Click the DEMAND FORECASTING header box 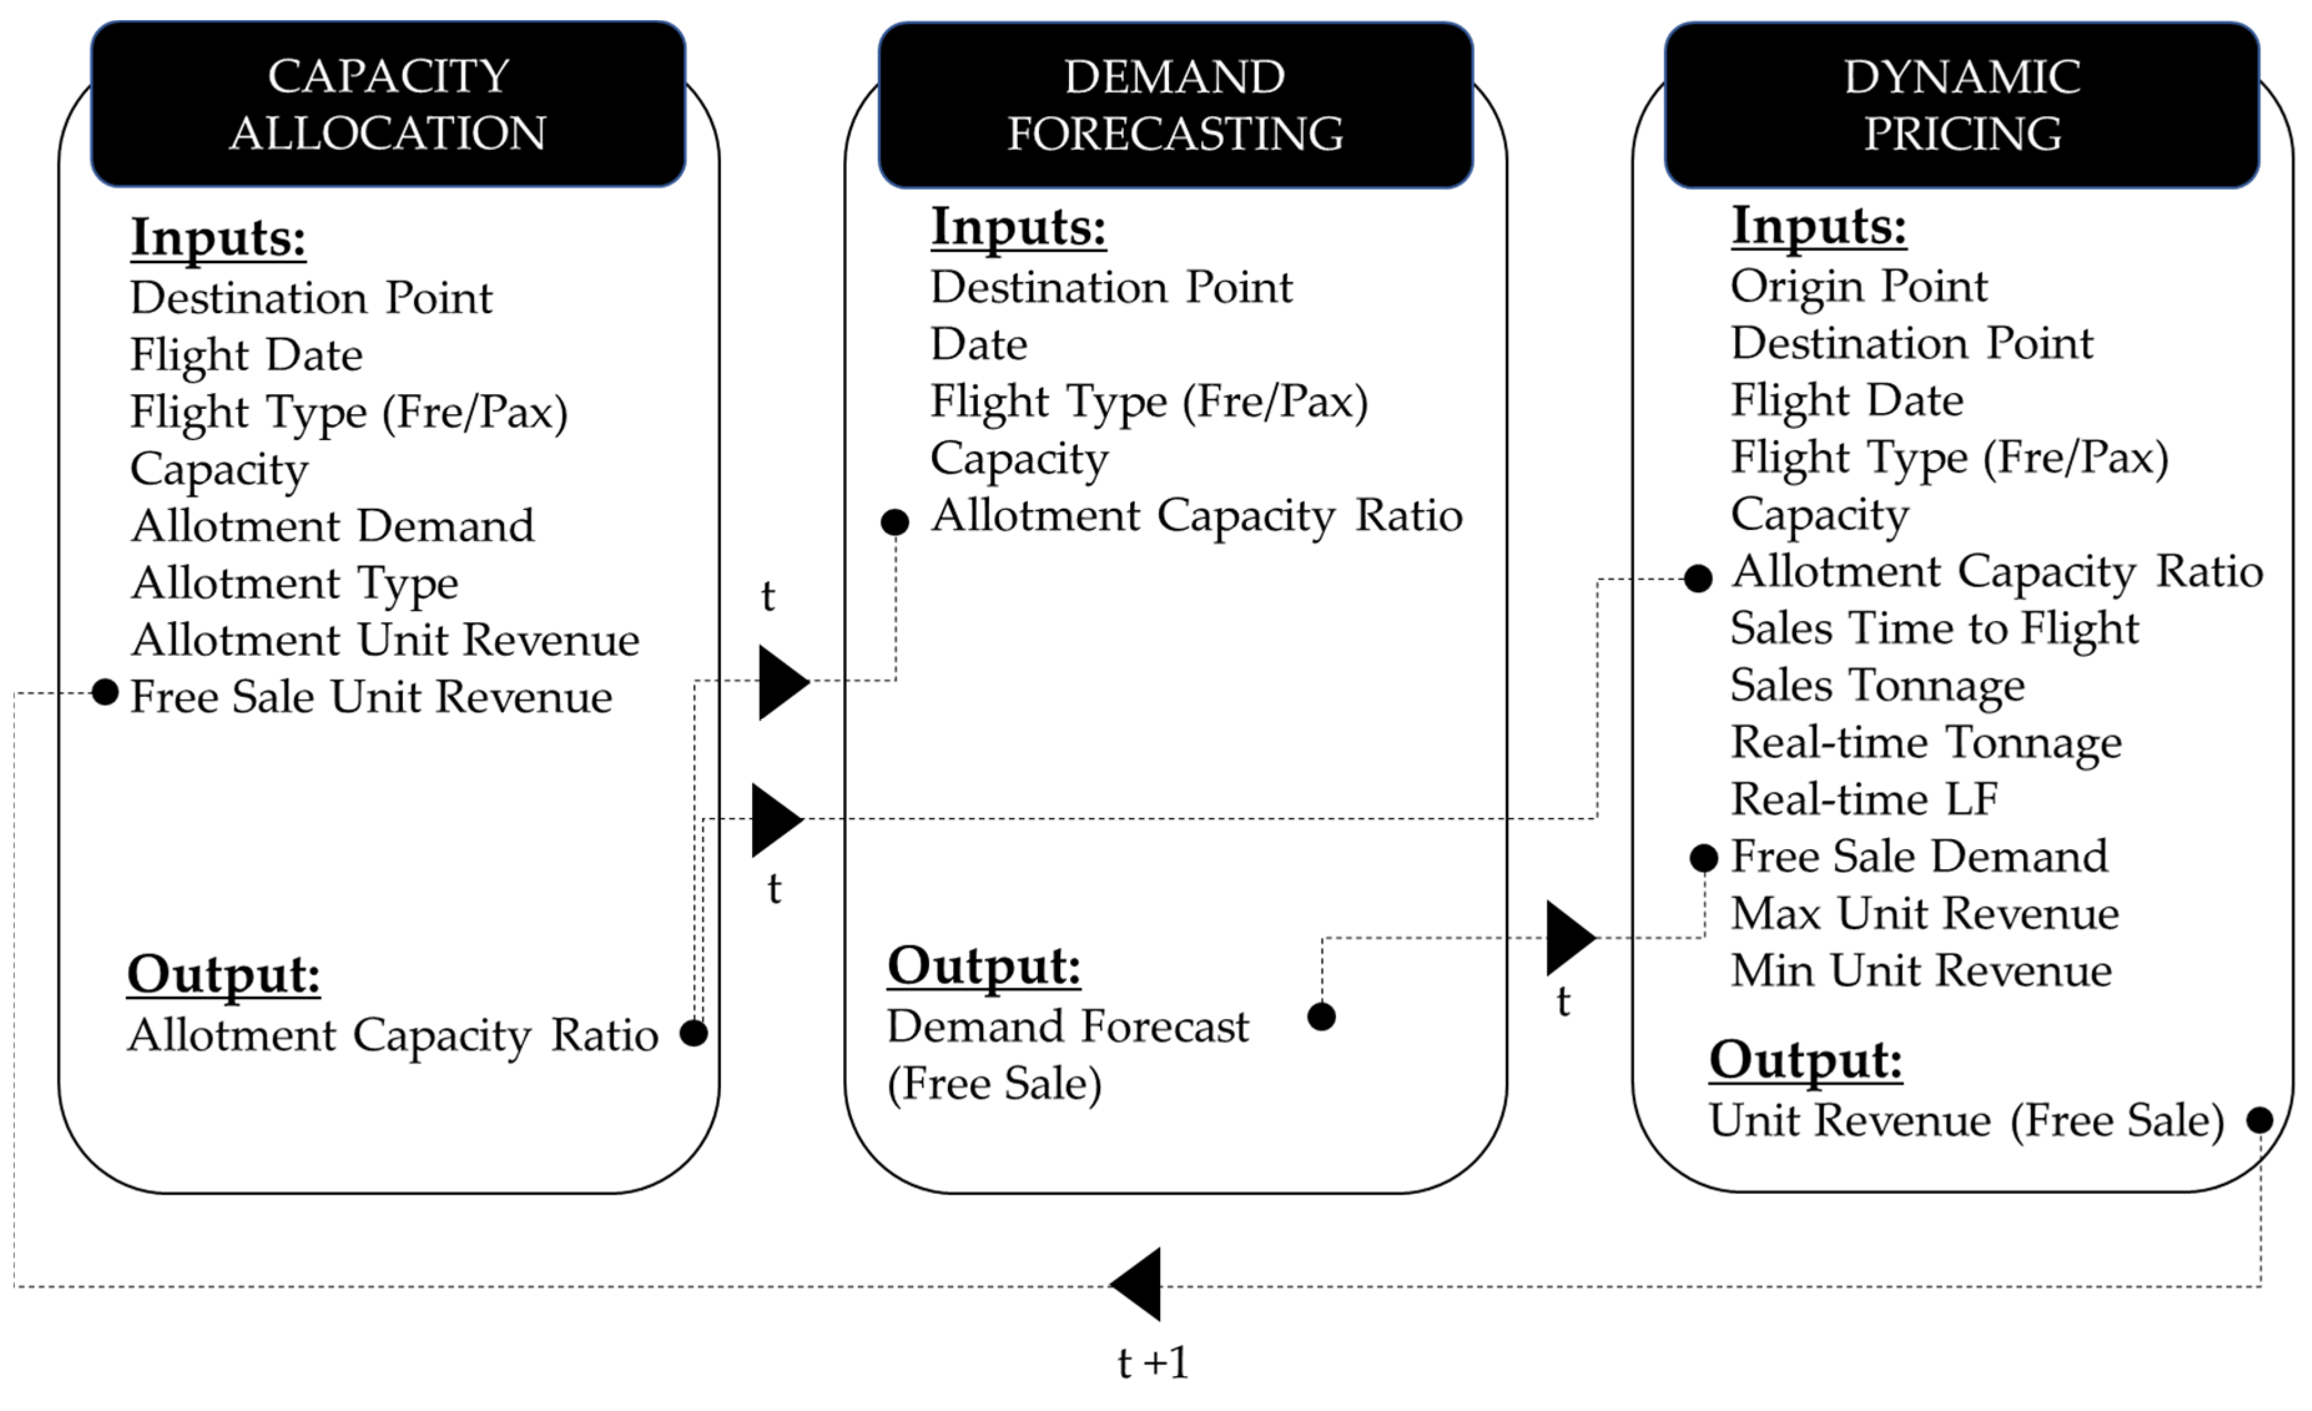(1175, 104)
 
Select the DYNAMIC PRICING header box (1962, 104)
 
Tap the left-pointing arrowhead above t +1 (1139, 1284)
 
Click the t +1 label (1153, 1362)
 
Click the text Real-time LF (1864, 799)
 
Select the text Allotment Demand (332, 526)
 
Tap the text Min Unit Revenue (1921, 970)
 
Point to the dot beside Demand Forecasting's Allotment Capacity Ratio (895, 522)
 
